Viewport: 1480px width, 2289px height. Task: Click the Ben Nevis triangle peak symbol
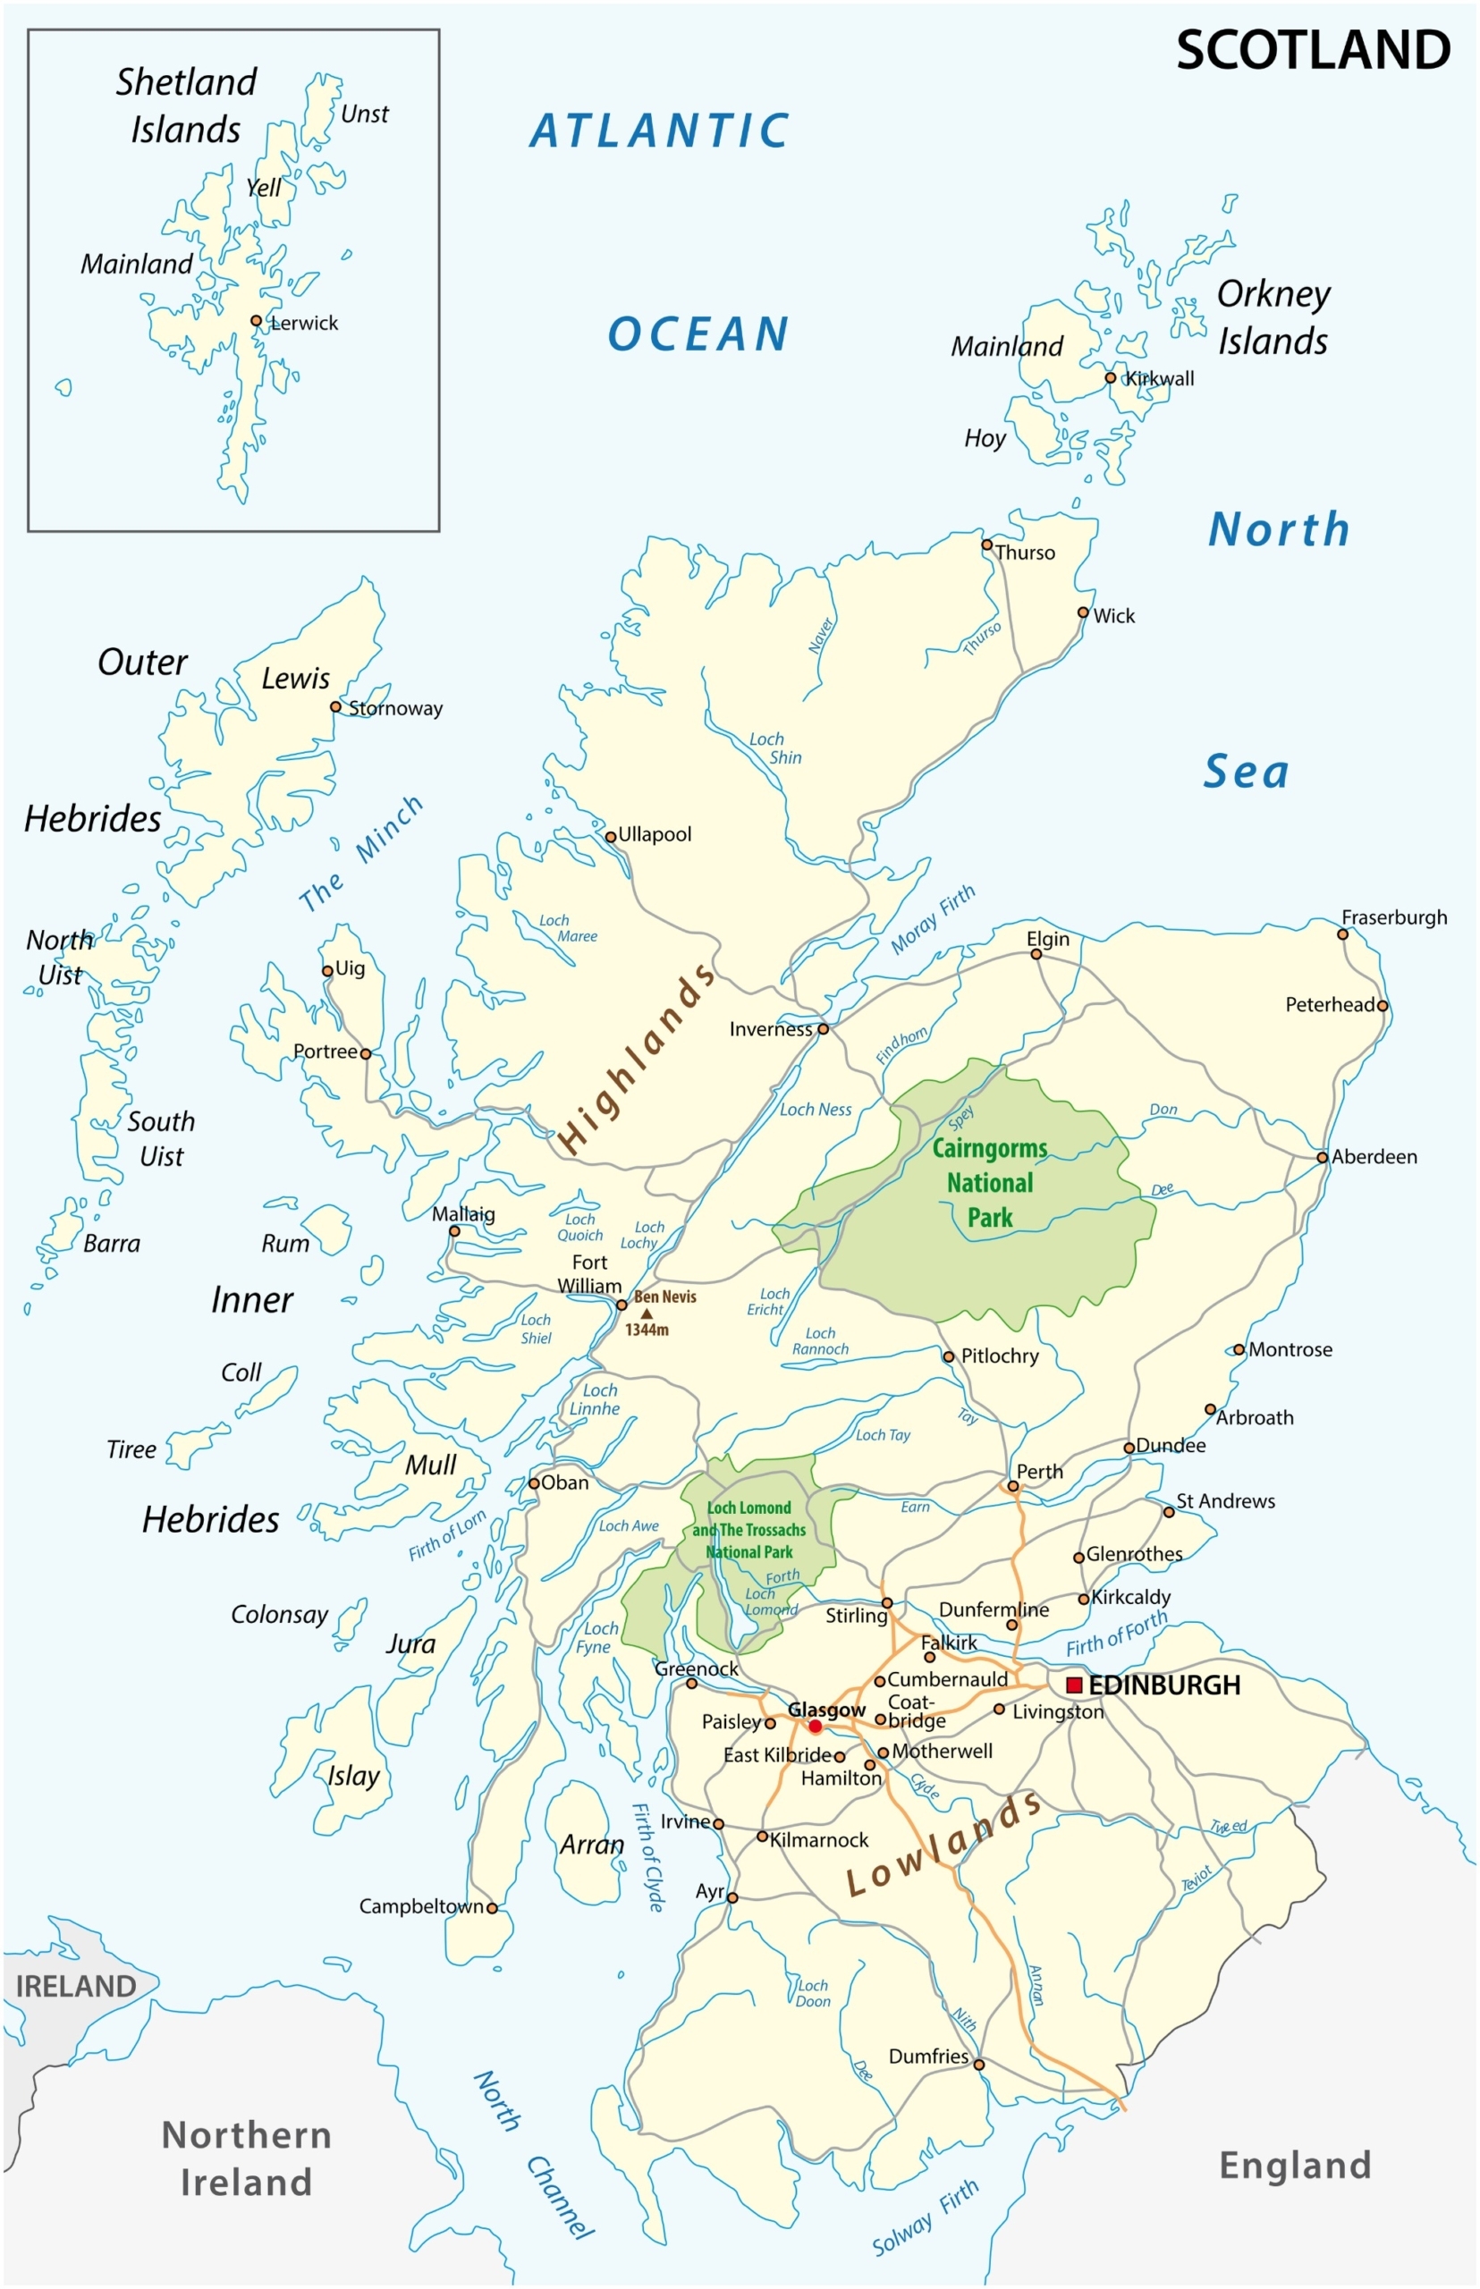[647, 1313]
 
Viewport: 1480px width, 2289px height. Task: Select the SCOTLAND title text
[1313, 50]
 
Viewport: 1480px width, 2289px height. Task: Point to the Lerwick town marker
[256, 321]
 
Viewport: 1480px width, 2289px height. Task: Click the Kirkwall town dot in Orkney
[1110, 377]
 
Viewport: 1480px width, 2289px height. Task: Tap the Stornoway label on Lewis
[395, 708]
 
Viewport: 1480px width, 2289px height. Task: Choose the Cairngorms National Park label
[990, 1183]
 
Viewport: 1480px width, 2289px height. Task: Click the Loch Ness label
[815, 1110]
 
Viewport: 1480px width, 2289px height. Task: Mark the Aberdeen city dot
[1323, 1157]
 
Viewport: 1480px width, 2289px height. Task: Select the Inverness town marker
[823, 1029]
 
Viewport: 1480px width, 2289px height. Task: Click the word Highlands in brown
[638, 1059]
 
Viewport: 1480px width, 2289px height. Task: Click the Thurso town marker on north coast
[986, 545]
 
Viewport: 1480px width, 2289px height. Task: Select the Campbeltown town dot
[492, 1908]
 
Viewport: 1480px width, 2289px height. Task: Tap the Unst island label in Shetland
[364, 114]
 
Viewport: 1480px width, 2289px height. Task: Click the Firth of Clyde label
[647, 1857]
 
